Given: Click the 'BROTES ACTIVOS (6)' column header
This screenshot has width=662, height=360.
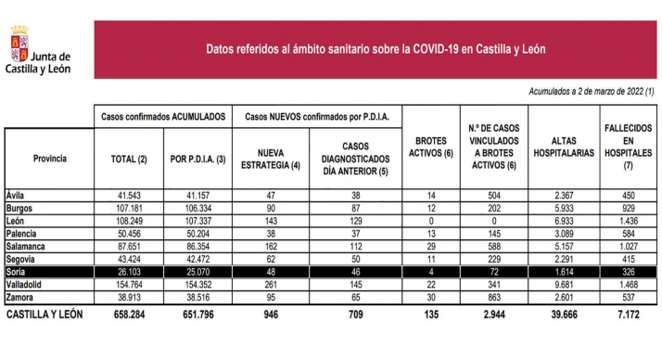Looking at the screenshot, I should coord(428,152).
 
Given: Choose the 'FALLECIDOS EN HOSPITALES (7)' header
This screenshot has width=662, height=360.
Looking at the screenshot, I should coord(629,151).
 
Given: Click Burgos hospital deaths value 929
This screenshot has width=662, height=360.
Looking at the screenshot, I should coord(629,210).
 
